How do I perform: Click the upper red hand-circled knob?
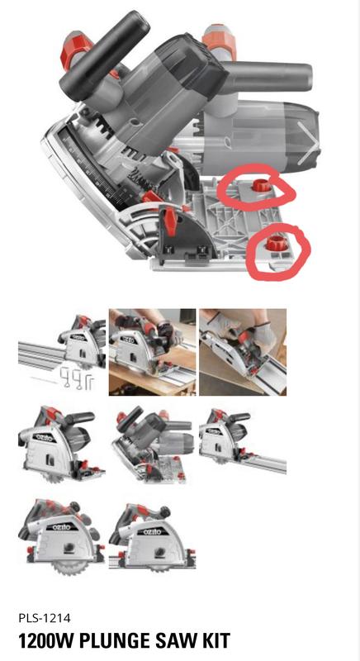pyautogui.click(x=262, y=184)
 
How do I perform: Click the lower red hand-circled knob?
pyautogui.click(x=276, y=243)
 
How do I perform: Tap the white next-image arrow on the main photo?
pyautogui.click(x=307, y=143)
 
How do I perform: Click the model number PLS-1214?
pyautogui.click(x=45, y=618)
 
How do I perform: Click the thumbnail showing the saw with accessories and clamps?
pyautogui.click(x=61, y=352)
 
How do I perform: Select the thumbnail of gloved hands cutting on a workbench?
pyautogui.click(x=153, y=352)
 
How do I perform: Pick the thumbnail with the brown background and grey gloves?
pyautogui.click(x=243, y=352)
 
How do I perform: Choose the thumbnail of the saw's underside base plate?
pyautogui.click(x=153, y=445)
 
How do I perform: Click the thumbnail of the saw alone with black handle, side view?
pyautogui.click(x=61, y=445)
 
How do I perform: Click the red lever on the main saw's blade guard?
pyautogui.click(x=170, y=221)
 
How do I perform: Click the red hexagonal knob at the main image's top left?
pyautogui.click(x=77, y=50)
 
